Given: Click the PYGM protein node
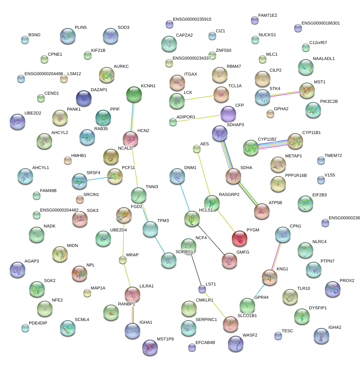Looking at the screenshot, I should [239, 238].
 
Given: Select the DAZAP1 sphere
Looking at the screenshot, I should [83, 98].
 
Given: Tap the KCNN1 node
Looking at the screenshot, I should [134, 94].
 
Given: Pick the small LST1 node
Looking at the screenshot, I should [202, 289].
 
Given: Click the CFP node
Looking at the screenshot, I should [228, 114].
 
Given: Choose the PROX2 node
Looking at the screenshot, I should [333, 289].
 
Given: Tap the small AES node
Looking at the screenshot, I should [196, 148].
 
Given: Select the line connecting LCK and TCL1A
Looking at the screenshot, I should [199, 97].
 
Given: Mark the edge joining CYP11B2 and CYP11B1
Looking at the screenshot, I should [273, 144].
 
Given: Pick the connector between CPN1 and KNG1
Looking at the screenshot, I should [276, 256].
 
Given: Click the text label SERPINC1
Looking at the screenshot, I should [206, 319].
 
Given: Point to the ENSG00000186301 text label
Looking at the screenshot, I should [321, 23].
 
